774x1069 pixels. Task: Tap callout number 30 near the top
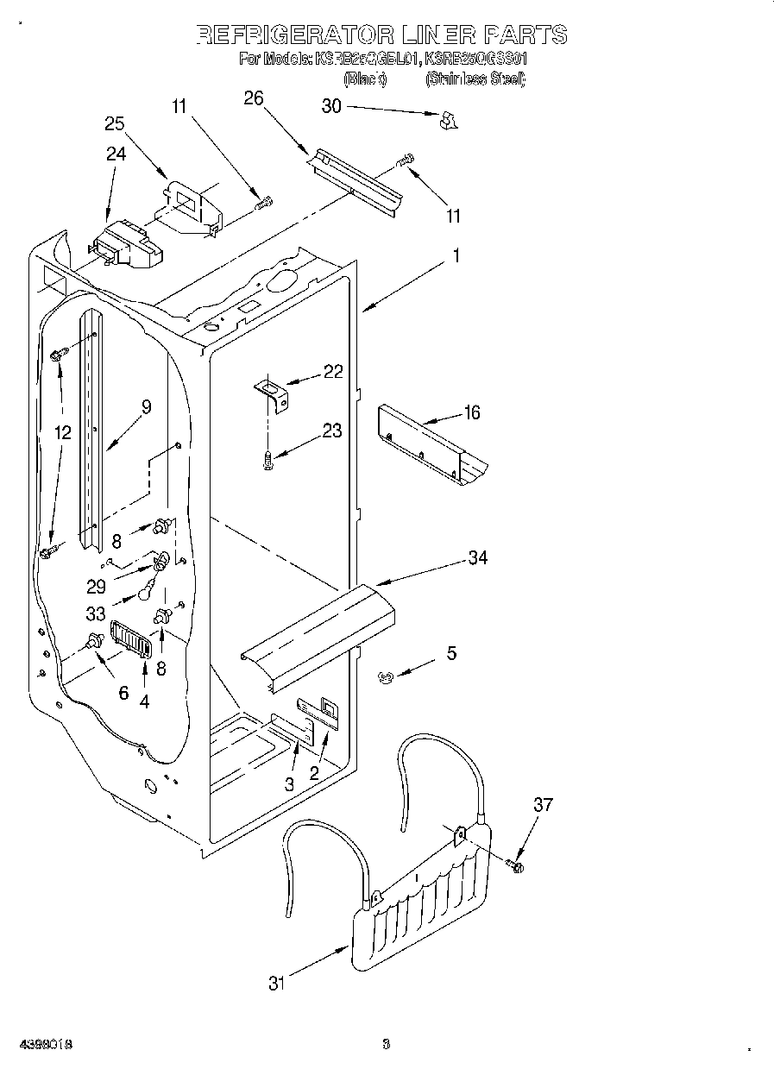pos(331,106)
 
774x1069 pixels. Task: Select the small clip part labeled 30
pos(447,122)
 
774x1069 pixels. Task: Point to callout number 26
pos(253,97)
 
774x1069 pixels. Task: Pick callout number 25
pos(116,123)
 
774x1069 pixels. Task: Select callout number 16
pos(471,412)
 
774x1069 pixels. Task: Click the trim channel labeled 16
pos(431,443)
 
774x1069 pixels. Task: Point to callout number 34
pos(476,558)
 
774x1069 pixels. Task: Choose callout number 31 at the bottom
pos(276,983)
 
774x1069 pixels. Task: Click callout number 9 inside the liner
pos(146,407)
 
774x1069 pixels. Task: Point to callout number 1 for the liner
pos(456,256)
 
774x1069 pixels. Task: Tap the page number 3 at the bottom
pos(387,1045)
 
